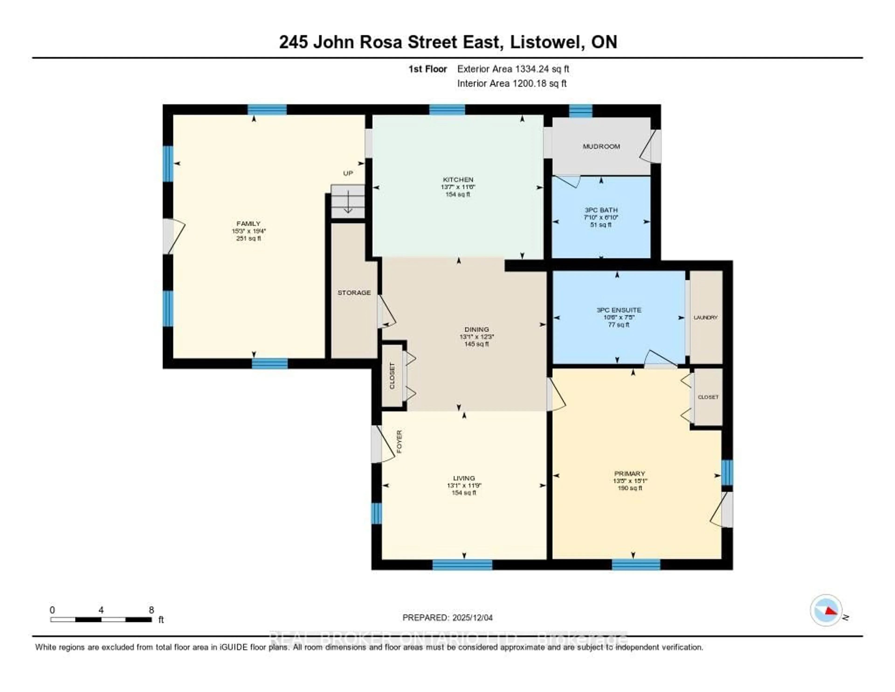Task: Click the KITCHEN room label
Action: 458,179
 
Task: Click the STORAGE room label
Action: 354,293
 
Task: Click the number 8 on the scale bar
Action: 151,610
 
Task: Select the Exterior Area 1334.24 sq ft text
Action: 513,69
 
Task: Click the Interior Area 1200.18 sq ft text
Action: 512,83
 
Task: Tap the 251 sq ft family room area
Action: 248,238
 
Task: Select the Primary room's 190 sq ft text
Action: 630,488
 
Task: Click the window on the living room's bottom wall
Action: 462,565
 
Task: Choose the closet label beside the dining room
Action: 392,376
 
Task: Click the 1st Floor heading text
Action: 427,69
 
